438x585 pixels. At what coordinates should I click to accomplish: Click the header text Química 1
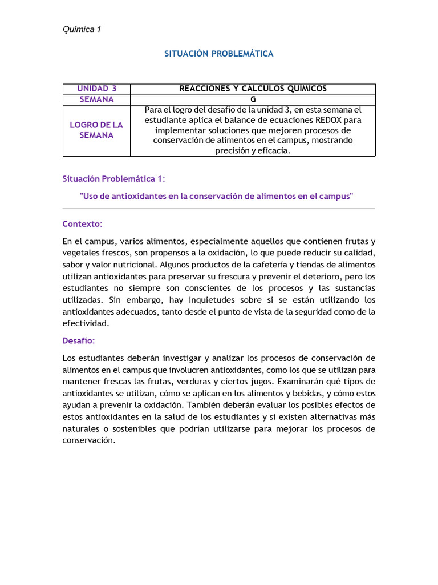tap(82, 30)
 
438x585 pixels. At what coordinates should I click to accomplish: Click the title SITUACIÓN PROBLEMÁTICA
tap(219, 54)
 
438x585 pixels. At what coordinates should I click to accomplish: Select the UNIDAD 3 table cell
tap(96, 89)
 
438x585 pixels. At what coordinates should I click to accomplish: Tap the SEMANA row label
tap(96, 99)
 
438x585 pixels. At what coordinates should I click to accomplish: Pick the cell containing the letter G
tap(253, 99)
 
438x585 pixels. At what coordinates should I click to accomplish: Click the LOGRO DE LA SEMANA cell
tap(96, 130)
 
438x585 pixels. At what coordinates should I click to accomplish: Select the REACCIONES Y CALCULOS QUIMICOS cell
tap(253, 89)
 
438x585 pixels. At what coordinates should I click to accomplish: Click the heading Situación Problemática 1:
tap(113, 179)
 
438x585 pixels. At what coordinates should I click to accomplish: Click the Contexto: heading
tap(82, 224)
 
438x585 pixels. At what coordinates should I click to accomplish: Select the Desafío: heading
tap(79, 340)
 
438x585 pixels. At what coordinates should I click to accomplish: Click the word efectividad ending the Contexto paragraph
tap(85, 323)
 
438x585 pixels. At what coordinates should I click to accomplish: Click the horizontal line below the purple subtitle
tap(219, 209)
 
